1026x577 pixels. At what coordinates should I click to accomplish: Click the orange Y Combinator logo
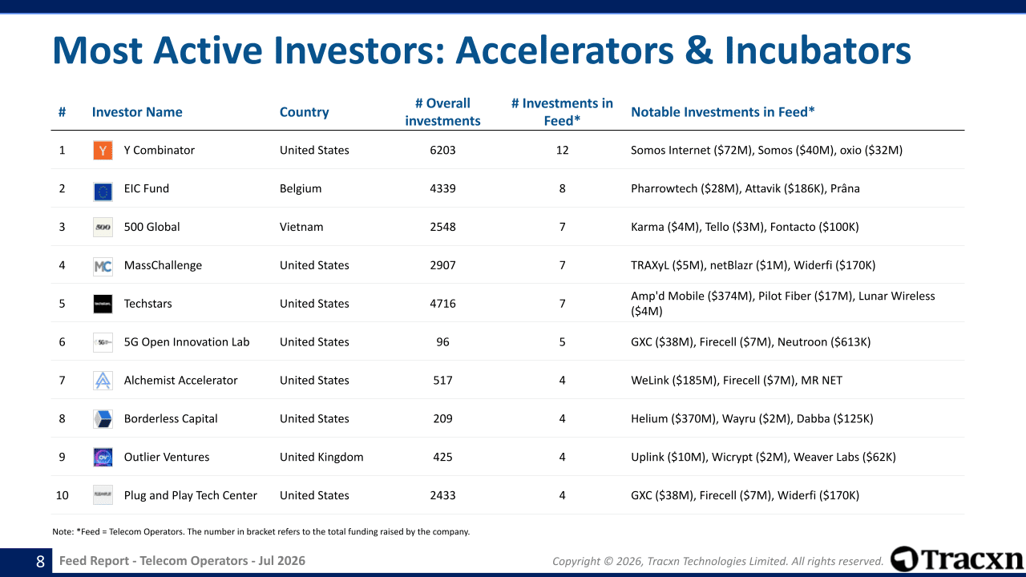(x=103, y=150)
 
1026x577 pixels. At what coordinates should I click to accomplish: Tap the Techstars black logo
(x=103, y=304)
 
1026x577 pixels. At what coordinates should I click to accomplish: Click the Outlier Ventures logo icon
(x=103, y=457)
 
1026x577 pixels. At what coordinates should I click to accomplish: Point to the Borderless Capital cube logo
(x=103, y=418)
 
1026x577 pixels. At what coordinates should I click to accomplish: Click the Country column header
(x=304, y=112)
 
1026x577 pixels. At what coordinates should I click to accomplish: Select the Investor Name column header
(x=137, y=112)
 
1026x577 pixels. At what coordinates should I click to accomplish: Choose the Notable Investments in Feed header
(x=723, y=112)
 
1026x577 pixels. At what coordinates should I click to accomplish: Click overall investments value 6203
(x=442, y=150)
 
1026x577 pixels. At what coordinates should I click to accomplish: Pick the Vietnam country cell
(x=301, y=227)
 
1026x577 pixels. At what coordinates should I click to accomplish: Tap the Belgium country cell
(x=301, y=188)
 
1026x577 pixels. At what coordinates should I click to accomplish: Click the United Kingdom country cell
(x=321, y=457)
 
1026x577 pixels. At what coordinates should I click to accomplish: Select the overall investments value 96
(x=442, y=342)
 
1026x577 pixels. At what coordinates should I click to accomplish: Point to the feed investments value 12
(x=562, y=150)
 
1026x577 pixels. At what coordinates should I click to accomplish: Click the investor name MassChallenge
(x=163, y=265)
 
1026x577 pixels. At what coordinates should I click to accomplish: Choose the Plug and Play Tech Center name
(x=191, y=495)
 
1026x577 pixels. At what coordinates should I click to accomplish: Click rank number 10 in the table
(x=62, y=495)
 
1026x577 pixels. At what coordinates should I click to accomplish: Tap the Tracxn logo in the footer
(x=956, y=559)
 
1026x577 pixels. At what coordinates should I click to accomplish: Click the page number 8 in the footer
(x=40, y=562)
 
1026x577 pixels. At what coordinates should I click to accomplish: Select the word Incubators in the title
(x=818, y=50)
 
